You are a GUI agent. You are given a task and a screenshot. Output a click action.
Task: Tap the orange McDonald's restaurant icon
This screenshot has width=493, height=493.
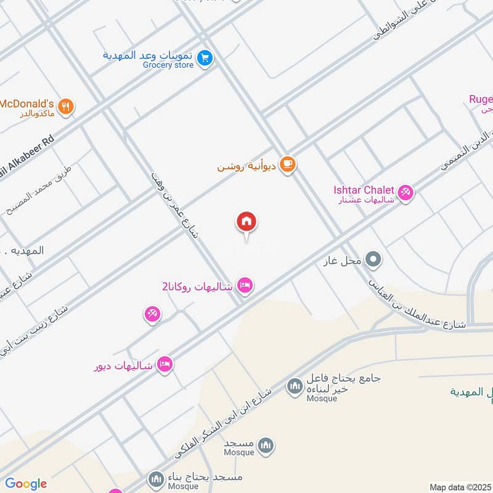coord(67,107)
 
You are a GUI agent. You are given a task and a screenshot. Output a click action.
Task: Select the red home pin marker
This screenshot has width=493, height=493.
coord(246,222)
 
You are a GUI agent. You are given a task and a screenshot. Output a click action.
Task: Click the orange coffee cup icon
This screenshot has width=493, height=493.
coord(287,165)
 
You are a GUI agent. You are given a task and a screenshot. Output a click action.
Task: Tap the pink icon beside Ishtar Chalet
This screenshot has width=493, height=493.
coord(405,194)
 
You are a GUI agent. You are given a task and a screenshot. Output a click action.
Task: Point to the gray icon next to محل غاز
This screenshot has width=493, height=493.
coord(372,260)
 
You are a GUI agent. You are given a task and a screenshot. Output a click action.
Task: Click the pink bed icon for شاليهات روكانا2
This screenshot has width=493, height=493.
coord(245,286)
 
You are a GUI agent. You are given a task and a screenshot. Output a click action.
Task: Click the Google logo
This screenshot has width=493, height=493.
coord(25,484)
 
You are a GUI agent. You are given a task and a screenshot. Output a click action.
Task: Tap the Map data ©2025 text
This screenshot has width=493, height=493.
coord(458,487)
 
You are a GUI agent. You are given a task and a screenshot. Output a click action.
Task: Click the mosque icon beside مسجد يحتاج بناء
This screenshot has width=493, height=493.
coord(156,478)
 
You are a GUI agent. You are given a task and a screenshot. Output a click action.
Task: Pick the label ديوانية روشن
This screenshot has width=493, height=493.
coord(246,166)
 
